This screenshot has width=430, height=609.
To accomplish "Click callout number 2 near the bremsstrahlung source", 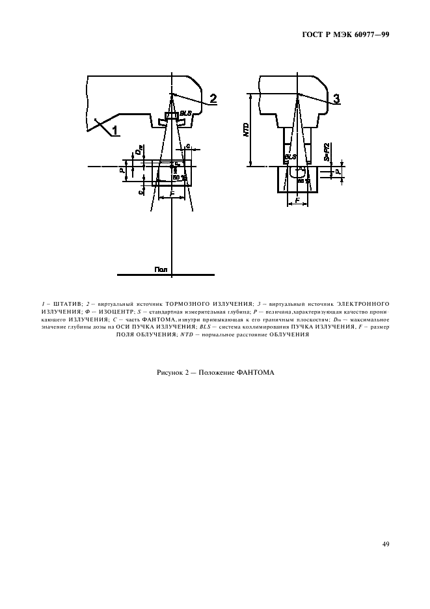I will pyautogui.click(x=213, y=100).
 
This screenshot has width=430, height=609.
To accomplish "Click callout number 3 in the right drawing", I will pyautogui.click(x=336, y=99).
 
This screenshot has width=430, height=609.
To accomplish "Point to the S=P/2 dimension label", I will pyautogui.click(x=327, y=152).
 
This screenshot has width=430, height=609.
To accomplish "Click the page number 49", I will pyautogui.click(x=385, y=544).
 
